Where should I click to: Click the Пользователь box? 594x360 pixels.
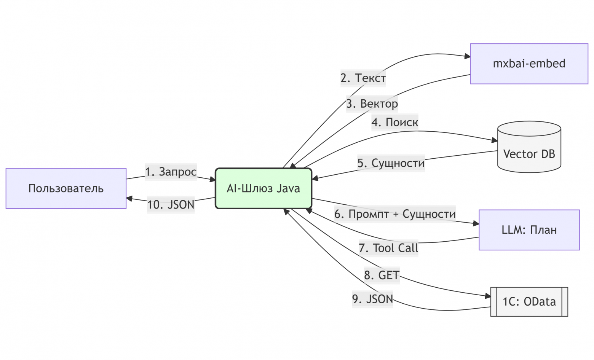(x=66, y=188)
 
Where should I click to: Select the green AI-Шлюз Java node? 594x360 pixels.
(x=263, y=188)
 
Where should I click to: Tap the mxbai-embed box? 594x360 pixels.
(x=529, y=64)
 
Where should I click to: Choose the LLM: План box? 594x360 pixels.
(x=529, y=230)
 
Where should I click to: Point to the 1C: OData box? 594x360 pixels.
(x=529, y=302)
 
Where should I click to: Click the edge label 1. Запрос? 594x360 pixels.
(x=171, y=172)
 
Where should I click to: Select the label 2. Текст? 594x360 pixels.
(x=363, y=78)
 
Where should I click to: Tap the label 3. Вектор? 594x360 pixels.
(x=372, y=104)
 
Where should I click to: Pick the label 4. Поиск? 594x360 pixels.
(x=395, y=122)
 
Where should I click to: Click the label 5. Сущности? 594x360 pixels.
(x=391, y=163)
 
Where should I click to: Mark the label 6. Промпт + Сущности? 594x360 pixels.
(x=395, y=214)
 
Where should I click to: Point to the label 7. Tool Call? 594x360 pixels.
(x=388, y=248)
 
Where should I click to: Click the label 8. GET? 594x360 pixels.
(x=382, y=275)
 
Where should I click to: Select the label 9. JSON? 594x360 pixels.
(x=372, y=299)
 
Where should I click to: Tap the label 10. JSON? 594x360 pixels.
(x=171, y=205)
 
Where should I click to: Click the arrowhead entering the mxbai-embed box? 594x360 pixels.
(x=468, y=57)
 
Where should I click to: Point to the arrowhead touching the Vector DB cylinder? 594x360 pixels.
(x=495, y=141)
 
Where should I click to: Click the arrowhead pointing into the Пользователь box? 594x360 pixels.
(x=129, y=199)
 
